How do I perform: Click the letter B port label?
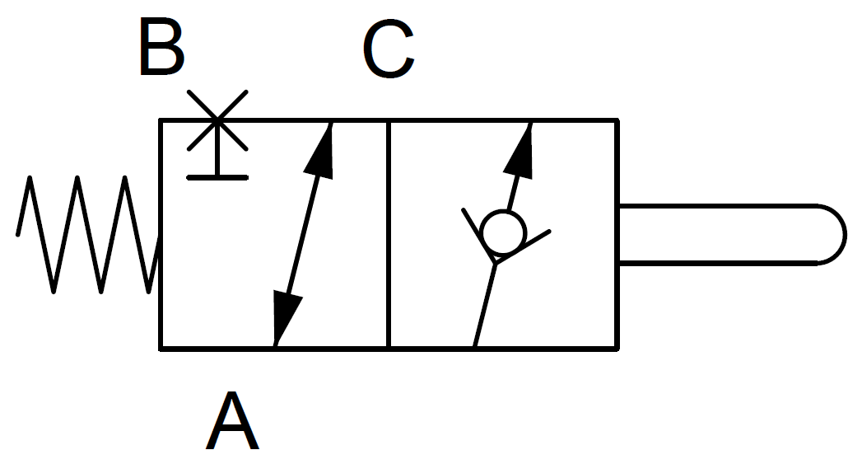click(161, 46)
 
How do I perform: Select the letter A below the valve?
click(232, 421)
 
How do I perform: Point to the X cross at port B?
click(217, 120)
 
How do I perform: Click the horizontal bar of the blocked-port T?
click(217, 177)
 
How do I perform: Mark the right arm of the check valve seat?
click(523, 247)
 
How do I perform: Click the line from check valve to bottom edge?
click(485, 306)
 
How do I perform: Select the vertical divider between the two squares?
click(388, 234)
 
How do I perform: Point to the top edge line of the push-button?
click(717, 206)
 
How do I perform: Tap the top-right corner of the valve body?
click(618, 120)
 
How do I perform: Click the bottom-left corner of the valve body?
click(161, 349)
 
